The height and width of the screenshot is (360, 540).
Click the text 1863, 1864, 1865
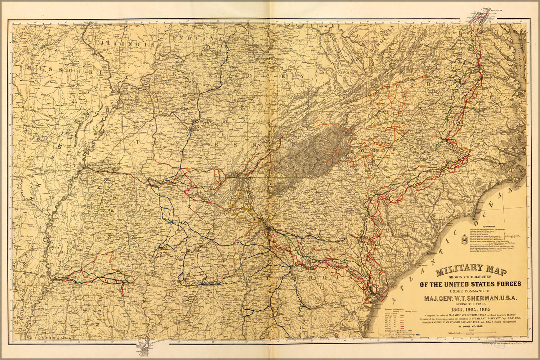pyautogui.click(x=470, y=310)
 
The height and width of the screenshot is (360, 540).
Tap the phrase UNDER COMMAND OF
pyautogui.click(x=470, y=291)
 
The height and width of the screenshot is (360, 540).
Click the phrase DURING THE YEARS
pyautogui.click(x=470, y=304)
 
